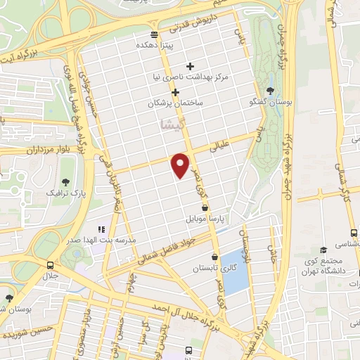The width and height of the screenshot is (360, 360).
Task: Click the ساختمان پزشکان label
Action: [x=175, y=103]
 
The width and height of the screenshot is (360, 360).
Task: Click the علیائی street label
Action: [x=224, y=147]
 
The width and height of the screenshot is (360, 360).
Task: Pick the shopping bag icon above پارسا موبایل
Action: [x=205, y=208]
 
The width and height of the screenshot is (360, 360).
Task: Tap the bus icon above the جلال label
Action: [x=50, y=265]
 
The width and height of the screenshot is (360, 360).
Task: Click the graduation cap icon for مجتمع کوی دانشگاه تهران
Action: [x=323, y=250]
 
